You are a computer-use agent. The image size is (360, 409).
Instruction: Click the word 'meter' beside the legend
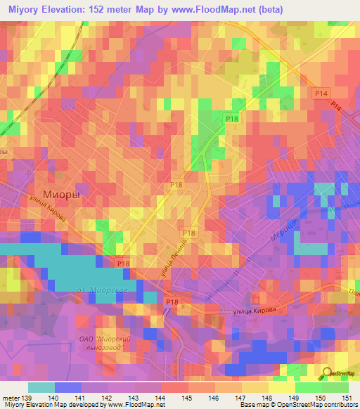[x=10, y=398]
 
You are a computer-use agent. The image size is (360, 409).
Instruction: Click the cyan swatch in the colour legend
[x=41, y=387]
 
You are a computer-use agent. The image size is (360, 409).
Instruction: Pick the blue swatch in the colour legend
[x=68, y=387]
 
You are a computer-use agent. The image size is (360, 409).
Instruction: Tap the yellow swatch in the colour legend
[x=281, y=387]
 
